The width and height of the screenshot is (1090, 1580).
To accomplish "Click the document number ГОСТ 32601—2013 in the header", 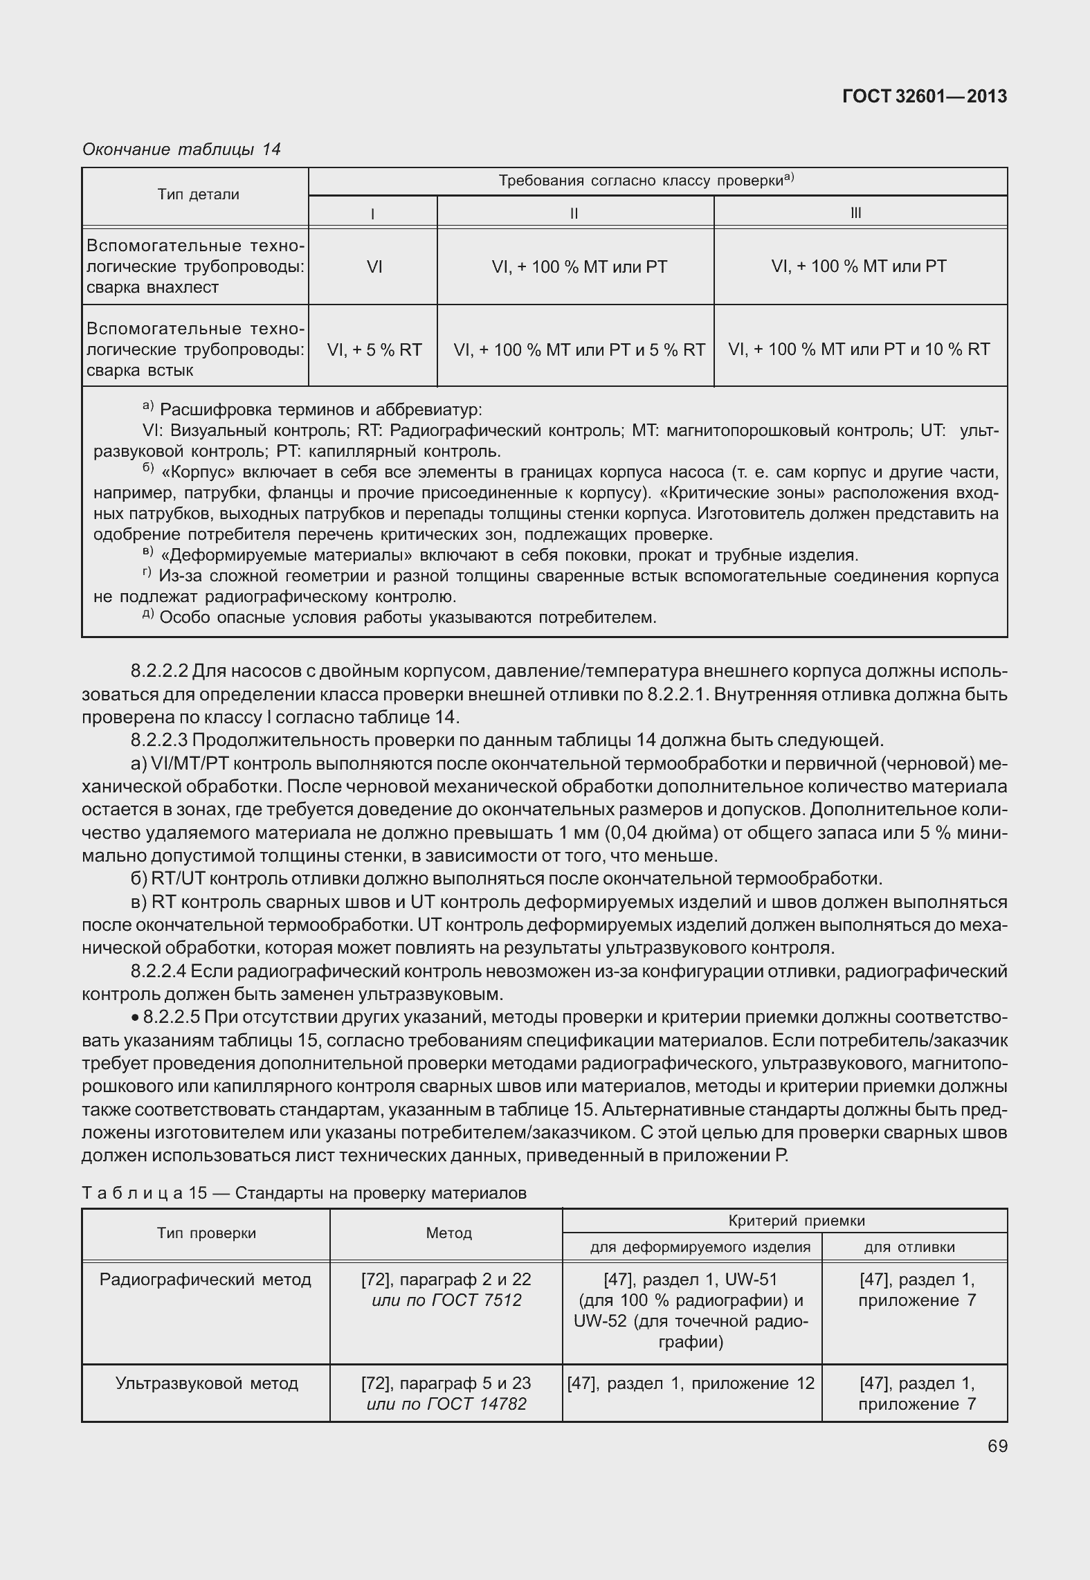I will point(924,97).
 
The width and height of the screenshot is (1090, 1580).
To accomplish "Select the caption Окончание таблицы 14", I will point(181,149).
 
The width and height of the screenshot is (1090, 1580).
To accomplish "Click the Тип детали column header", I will point(198,194).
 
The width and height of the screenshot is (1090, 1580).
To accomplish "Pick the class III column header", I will point(856,213).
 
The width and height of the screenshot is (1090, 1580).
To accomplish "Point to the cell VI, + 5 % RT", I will point(374,349).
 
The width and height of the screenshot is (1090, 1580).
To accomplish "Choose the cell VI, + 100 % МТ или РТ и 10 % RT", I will point(859,349).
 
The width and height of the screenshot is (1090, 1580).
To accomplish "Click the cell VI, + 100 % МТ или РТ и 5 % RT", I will point(579,349).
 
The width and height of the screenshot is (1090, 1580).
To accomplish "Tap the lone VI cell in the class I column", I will point(374,266).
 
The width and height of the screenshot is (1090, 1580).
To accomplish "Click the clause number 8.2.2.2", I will point(159,671).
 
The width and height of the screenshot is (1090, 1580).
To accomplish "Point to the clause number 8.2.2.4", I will point(159,971).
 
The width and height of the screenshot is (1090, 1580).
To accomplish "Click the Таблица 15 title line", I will point(304,1192).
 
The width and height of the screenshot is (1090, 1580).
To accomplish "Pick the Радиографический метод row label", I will point(206,1279).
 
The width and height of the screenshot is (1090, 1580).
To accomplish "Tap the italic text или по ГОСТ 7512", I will point(446,1300).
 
